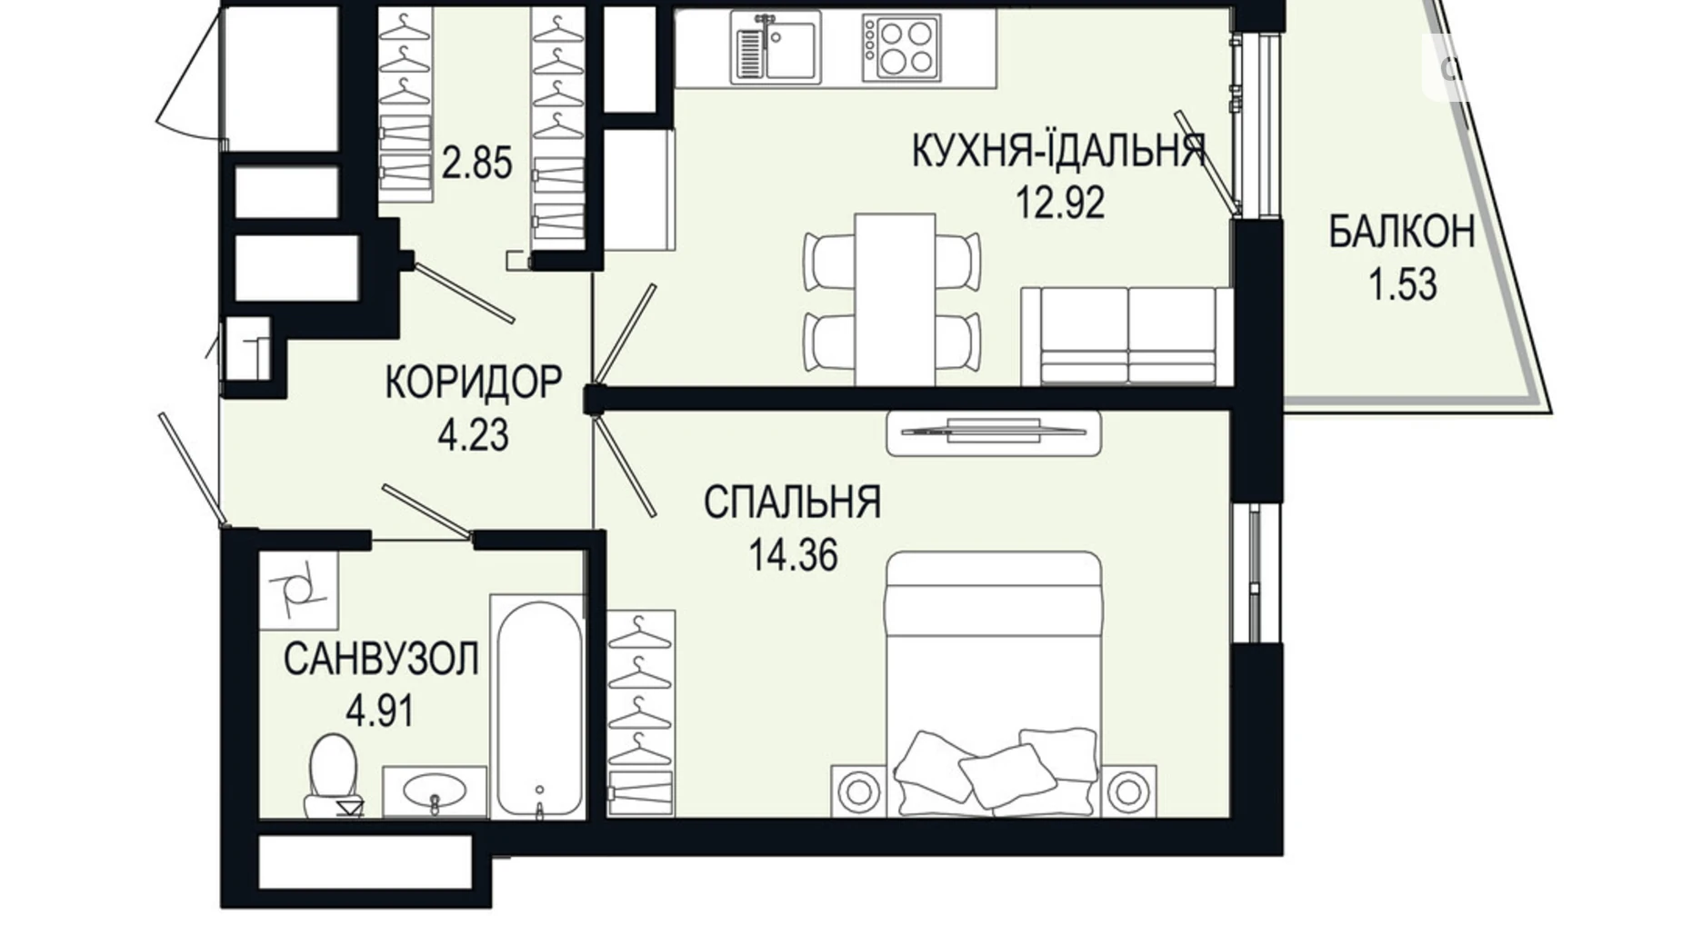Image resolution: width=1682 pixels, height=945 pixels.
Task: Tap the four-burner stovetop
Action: click(x=901, y=47)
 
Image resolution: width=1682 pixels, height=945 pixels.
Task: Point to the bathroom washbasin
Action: click(x=434, y=791)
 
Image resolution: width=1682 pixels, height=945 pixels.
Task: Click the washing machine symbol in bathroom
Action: click(x=298, y=591)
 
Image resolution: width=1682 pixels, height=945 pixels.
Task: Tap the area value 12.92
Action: click(x=1059, y=202)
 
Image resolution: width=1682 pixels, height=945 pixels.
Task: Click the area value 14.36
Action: click(x=793, y=554)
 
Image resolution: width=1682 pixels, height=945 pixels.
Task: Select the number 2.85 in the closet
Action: click(x=476, y=164)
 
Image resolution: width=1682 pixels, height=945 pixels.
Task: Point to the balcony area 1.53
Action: click(x=1402, y=285)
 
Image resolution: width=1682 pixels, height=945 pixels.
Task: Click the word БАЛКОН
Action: click(x=1401, y=233)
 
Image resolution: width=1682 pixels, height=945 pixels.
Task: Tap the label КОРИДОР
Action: click(x=473, y=383)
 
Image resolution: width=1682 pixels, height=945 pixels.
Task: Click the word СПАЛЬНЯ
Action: click(x=792, y=502)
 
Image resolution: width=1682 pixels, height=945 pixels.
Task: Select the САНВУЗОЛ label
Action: click(x=381, y=659)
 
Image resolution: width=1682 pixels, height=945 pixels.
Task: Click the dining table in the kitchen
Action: click(x=895, y=299)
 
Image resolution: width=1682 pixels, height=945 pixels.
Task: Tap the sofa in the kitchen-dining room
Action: click(x=1126, y=336)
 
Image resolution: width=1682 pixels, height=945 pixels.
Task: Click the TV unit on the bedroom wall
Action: click(x=993, y=433)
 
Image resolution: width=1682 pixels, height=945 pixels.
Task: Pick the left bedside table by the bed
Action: click(x=856, y=791)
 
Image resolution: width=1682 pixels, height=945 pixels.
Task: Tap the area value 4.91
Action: click(x=380, y=711)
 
